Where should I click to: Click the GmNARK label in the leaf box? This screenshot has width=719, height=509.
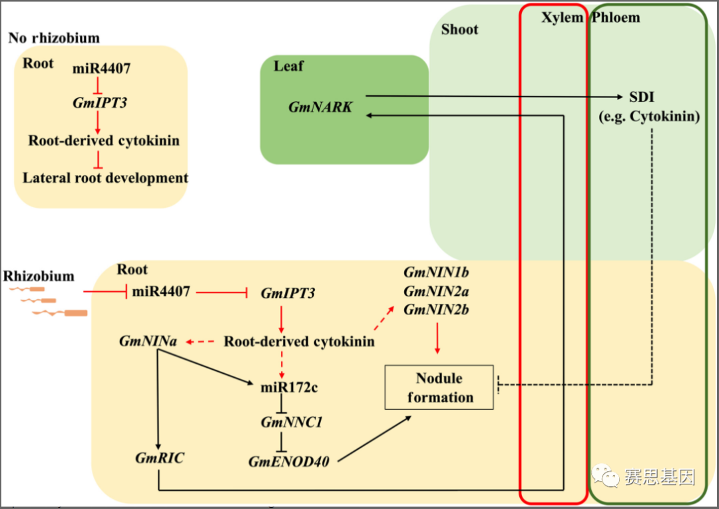(x=320, y=107)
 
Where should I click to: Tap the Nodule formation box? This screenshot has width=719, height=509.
(x=439, y=388)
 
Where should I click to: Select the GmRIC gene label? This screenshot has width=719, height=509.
(x=160, y=458)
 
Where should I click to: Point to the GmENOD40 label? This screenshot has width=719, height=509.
(x=289, y=461)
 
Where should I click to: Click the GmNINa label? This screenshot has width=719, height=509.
(x=148, y=341)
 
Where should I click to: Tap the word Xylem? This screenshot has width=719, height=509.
(x=562, y=17)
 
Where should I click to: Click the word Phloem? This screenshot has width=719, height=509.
(x=616, y=17)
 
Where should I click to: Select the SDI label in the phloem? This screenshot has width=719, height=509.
(x=642, y=98)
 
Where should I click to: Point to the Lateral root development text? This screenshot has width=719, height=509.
(x=105, y=178)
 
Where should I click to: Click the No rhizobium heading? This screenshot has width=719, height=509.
(x=54, y=38)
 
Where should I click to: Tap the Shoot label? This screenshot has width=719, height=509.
(x=459, y=29)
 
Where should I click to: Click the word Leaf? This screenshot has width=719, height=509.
(x=288, y=66)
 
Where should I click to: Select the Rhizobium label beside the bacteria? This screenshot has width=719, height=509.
(x=39, y=276)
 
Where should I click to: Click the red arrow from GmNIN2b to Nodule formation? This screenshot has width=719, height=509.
(x=437, y=338)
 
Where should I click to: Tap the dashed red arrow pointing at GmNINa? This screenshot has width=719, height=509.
(x=199, y=342)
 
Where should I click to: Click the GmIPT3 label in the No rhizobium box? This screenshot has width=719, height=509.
(x=99, y=103)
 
